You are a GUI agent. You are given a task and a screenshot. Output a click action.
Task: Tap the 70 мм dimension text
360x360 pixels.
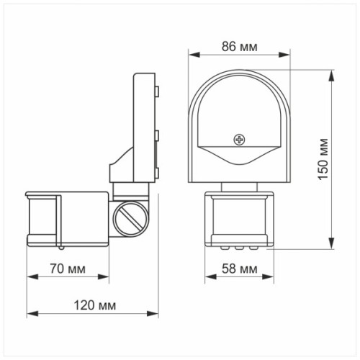click(x=67, y=269)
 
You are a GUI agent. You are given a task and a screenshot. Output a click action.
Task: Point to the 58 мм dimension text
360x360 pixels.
click(x=239, y=269)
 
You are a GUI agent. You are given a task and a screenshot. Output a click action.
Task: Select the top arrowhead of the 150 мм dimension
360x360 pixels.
click(x=332, y=73)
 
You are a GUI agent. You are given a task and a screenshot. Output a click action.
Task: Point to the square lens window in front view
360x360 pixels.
click(x=240, y=217)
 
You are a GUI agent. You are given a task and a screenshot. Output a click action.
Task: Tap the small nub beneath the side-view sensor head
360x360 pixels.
click(x=63, y=246)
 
